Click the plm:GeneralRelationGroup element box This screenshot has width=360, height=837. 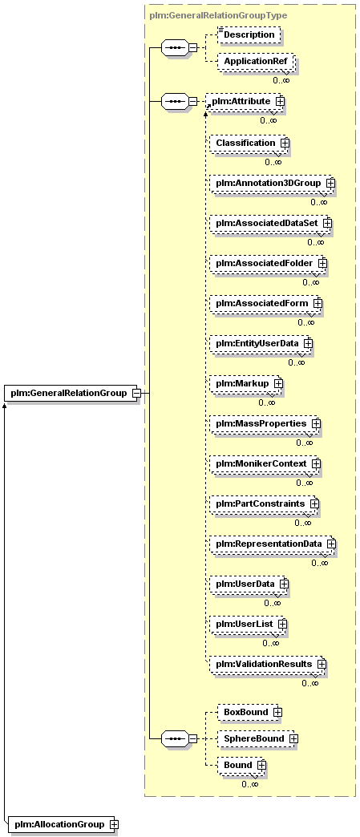coord(72,394)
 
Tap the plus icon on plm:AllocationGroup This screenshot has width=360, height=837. coord(113,825)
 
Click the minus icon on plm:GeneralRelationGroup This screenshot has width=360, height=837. coord(136,394)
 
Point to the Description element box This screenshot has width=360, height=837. coord(249,34)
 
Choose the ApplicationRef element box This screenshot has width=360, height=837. coord(256,62)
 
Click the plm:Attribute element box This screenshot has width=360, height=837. coord(245,100)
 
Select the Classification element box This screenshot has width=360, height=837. coord(249,143)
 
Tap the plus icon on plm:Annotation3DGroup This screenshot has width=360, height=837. coord(330,183)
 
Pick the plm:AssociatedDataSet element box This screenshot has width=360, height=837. coord(269,223)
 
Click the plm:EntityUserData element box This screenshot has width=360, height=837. coord(260,343)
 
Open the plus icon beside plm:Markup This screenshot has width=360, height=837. coord(278,383)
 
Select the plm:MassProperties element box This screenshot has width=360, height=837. coord(264,423)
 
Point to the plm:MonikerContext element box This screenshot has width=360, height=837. coord(264,463)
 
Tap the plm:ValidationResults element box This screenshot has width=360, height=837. coord(266,664)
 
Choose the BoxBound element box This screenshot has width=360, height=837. coord(250,712)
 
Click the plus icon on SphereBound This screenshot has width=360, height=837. coord(293,738)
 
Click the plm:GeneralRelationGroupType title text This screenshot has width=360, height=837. coord(218,15)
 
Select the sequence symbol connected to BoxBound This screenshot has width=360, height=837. coord(176,738)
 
